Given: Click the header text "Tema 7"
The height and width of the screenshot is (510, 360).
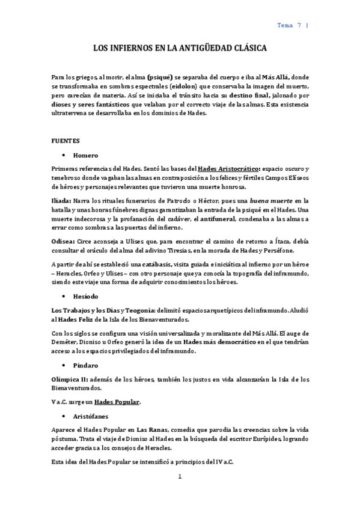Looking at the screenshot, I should point(288,25).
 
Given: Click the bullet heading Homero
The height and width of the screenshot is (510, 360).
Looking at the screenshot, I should point(93,155).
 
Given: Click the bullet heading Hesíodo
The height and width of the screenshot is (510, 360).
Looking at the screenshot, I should point(94,296).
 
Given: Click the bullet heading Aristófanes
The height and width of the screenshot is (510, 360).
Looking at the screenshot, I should point(100,416).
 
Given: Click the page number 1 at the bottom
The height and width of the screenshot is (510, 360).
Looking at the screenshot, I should point(179,477).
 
